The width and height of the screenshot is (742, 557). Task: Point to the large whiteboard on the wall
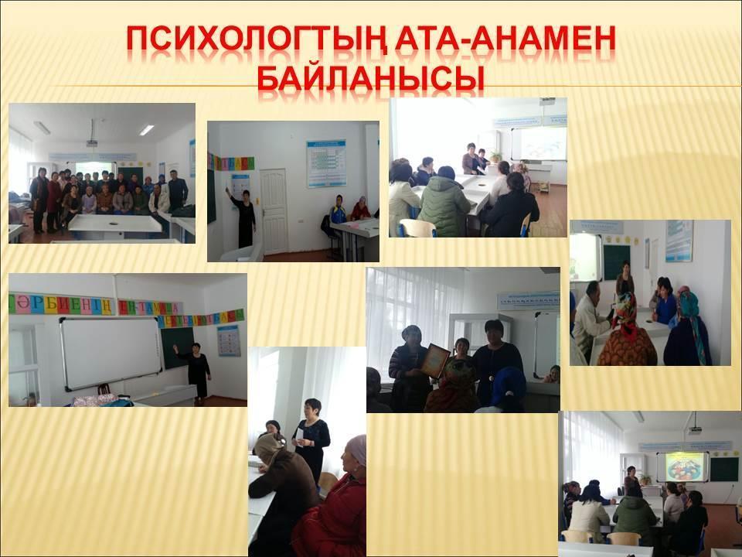pyautogui.click(x=111, y=352)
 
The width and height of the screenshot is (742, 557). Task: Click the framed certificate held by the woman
pyautogui.click(x=435, y=361)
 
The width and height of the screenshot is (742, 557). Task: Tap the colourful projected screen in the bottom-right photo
pyautogui.click(x=682, y=466)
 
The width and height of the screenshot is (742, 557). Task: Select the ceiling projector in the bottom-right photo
pyautogui.click(x=695, y=428)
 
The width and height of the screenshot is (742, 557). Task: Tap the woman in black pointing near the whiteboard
pyautogui.click(x=198, y=371)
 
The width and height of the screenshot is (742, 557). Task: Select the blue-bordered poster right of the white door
pyautogui.click(x=326, y=163)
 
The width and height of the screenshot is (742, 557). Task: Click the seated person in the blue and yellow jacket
pyautogui.click(x=338, y=211)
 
